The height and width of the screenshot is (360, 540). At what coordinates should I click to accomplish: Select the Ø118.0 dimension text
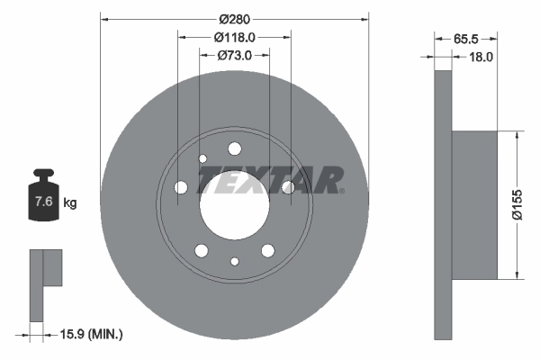[x=234, y=37]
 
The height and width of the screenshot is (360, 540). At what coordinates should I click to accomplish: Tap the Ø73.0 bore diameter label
[x=234, y=56]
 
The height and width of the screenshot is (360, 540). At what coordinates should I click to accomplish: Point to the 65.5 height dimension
[x=464, y=40]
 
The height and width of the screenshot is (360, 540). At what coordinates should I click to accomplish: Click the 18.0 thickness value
[x=482, y=57]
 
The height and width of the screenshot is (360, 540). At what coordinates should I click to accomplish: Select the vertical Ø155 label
[x=530, y=204]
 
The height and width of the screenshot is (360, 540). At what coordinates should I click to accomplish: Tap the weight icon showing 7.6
[x=42, y=197]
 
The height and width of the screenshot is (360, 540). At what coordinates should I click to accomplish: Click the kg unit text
[x=69, y=203]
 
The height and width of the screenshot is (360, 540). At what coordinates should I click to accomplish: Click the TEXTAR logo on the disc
[x=270, y=180]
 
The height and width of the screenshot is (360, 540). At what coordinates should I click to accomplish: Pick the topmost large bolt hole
[x=234, y=148]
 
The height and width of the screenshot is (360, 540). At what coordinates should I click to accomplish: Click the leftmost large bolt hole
[x=181, y=187]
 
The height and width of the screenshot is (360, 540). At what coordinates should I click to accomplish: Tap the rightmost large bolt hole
[x=288, y=187]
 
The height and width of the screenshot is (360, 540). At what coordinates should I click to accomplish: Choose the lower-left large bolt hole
[x=202, y=250]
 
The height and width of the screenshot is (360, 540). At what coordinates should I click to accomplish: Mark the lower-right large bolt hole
[x=267, y=250]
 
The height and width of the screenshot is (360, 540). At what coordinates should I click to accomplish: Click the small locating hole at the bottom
[x=234, y=261]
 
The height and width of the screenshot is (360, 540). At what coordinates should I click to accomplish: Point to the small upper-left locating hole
[x=202, y=159]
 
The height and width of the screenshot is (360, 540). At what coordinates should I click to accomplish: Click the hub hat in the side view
[x=474, y=204]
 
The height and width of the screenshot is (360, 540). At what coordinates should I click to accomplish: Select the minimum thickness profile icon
[x=45, y=283]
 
